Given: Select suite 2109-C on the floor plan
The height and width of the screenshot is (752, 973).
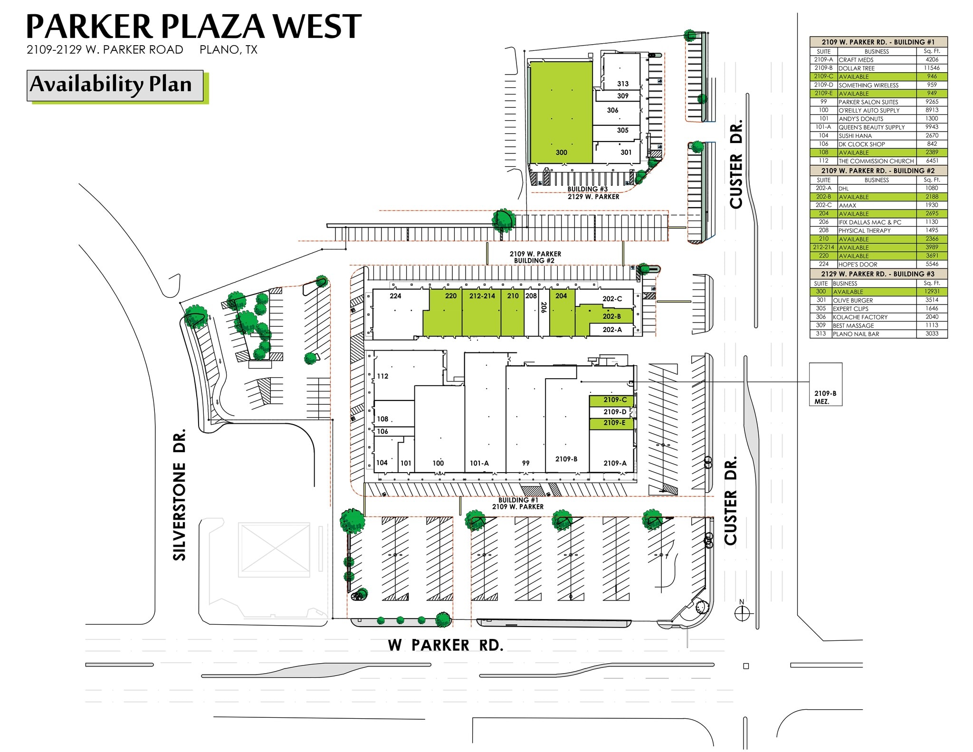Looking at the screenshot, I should (x=611, y=400).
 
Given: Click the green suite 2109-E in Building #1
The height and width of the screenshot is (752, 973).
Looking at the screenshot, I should (x=611, y=423).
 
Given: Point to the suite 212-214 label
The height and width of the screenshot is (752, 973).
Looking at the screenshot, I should (x=482, y=296).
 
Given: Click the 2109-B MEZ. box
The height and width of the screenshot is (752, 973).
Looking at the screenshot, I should (x=825, y=384).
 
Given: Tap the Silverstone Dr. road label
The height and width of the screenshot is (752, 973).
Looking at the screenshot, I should (x=180, y=495).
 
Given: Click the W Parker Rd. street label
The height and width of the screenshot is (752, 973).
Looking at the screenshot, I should (x=445, y=645).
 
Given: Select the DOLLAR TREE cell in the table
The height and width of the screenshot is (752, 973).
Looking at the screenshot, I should (x=856, y=68).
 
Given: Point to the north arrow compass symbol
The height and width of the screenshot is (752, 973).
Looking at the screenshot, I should (x=741, y=613).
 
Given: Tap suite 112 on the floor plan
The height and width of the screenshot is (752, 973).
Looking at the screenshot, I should (x=382, y=376).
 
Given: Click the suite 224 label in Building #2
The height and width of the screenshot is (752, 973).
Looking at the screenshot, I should (x=395, y=296).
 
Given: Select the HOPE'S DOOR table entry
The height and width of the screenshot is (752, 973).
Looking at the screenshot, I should (x=858, y=264).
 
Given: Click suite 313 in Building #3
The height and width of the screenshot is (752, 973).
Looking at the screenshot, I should (x=622, y=84).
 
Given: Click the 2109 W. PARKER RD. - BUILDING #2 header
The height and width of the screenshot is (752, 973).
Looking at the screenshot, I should (x=878, y=171).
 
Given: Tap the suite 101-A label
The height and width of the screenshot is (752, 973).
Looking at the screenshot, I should (x=479, y=463).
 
